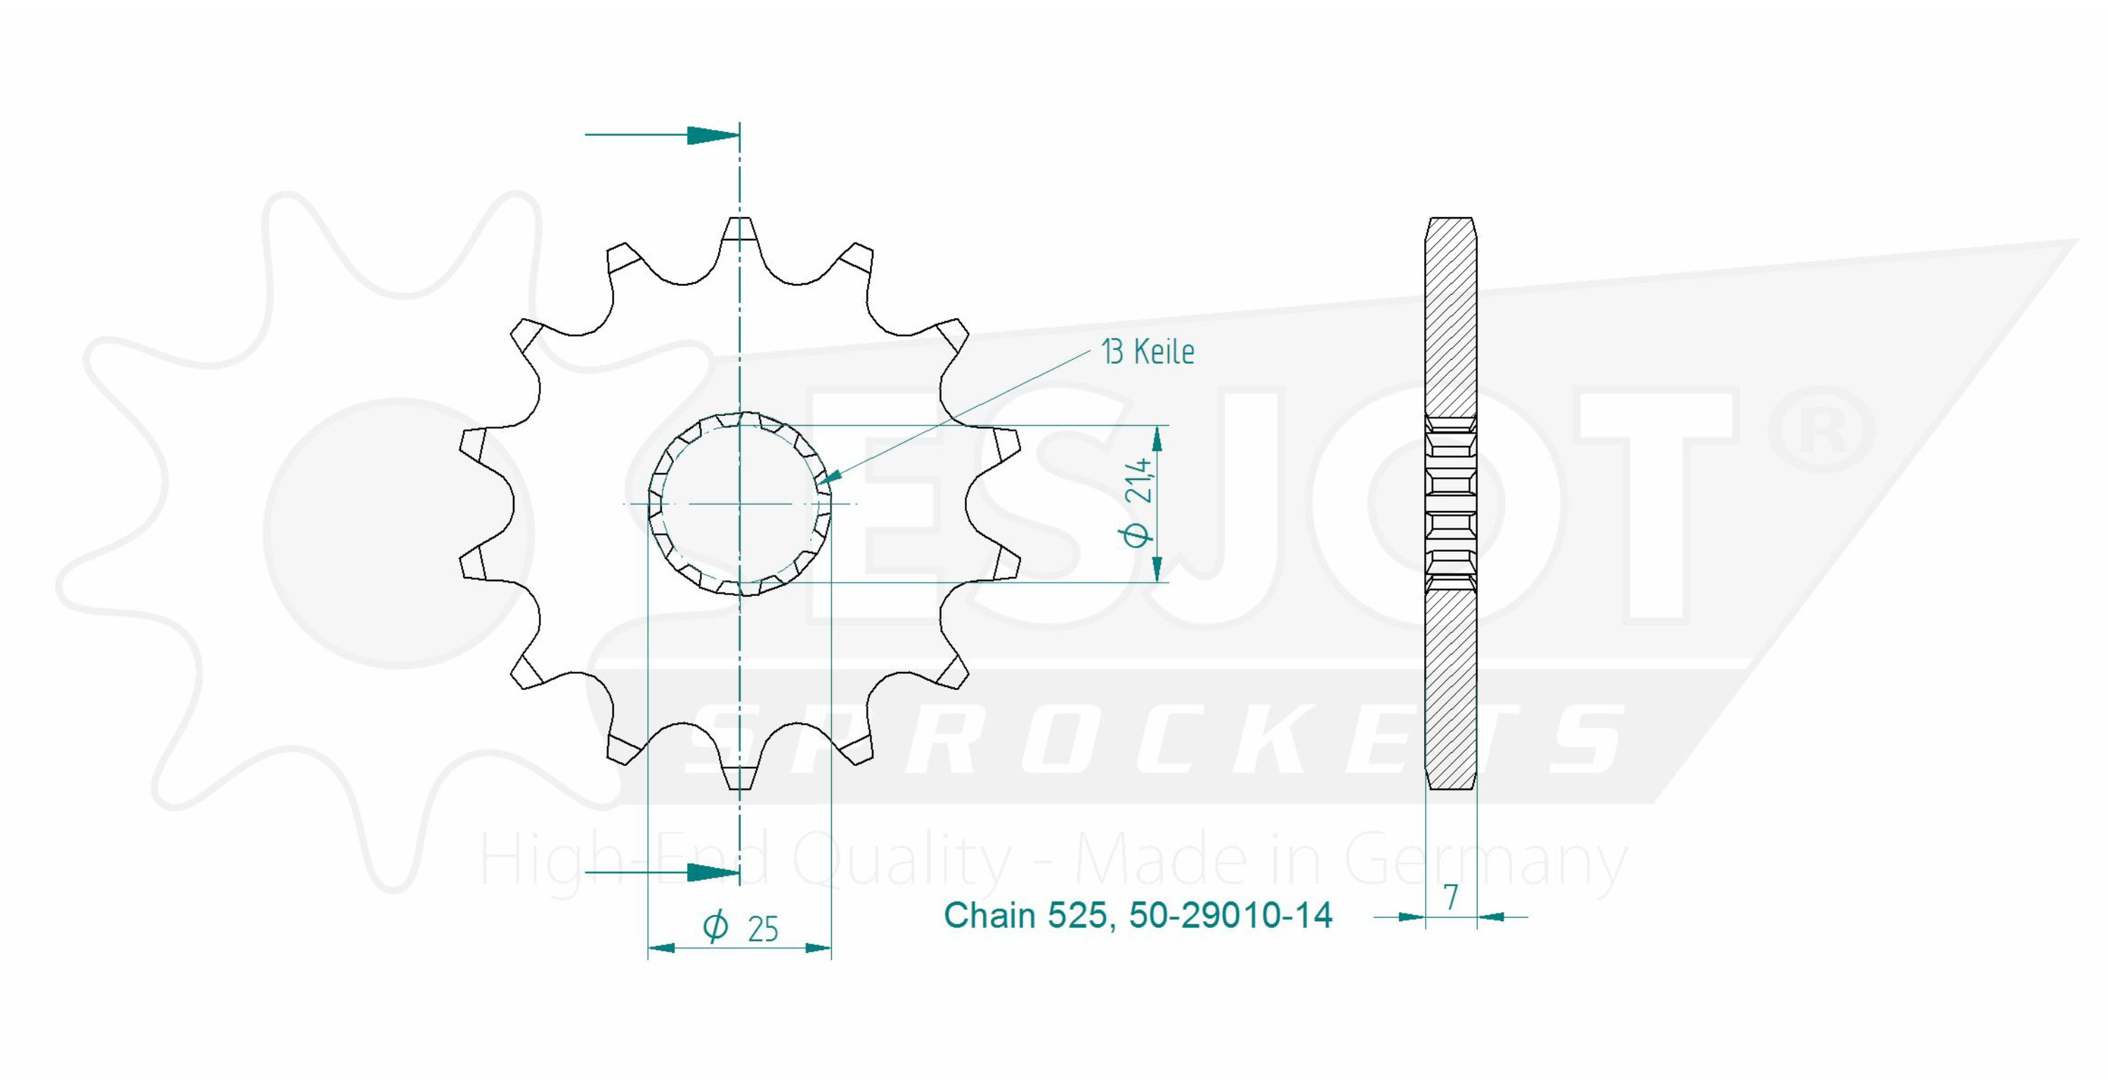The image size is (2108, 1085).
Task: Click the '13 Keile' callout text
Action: (1148, 353)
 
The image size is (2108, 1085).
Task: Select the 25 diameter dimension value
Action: (762, 930)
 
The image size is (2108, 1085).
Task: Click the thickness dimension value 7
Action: (1451, 897)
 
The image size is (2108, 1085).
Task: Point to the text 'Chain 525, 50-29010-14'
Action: (1138, 915)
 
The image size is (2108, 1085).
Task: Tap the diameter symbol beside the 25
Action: (715, 926)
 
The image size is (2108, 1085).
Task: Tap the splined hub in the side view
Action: (1451, 503)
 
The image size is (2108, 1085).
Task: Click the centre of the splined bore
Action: (740, 504)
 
